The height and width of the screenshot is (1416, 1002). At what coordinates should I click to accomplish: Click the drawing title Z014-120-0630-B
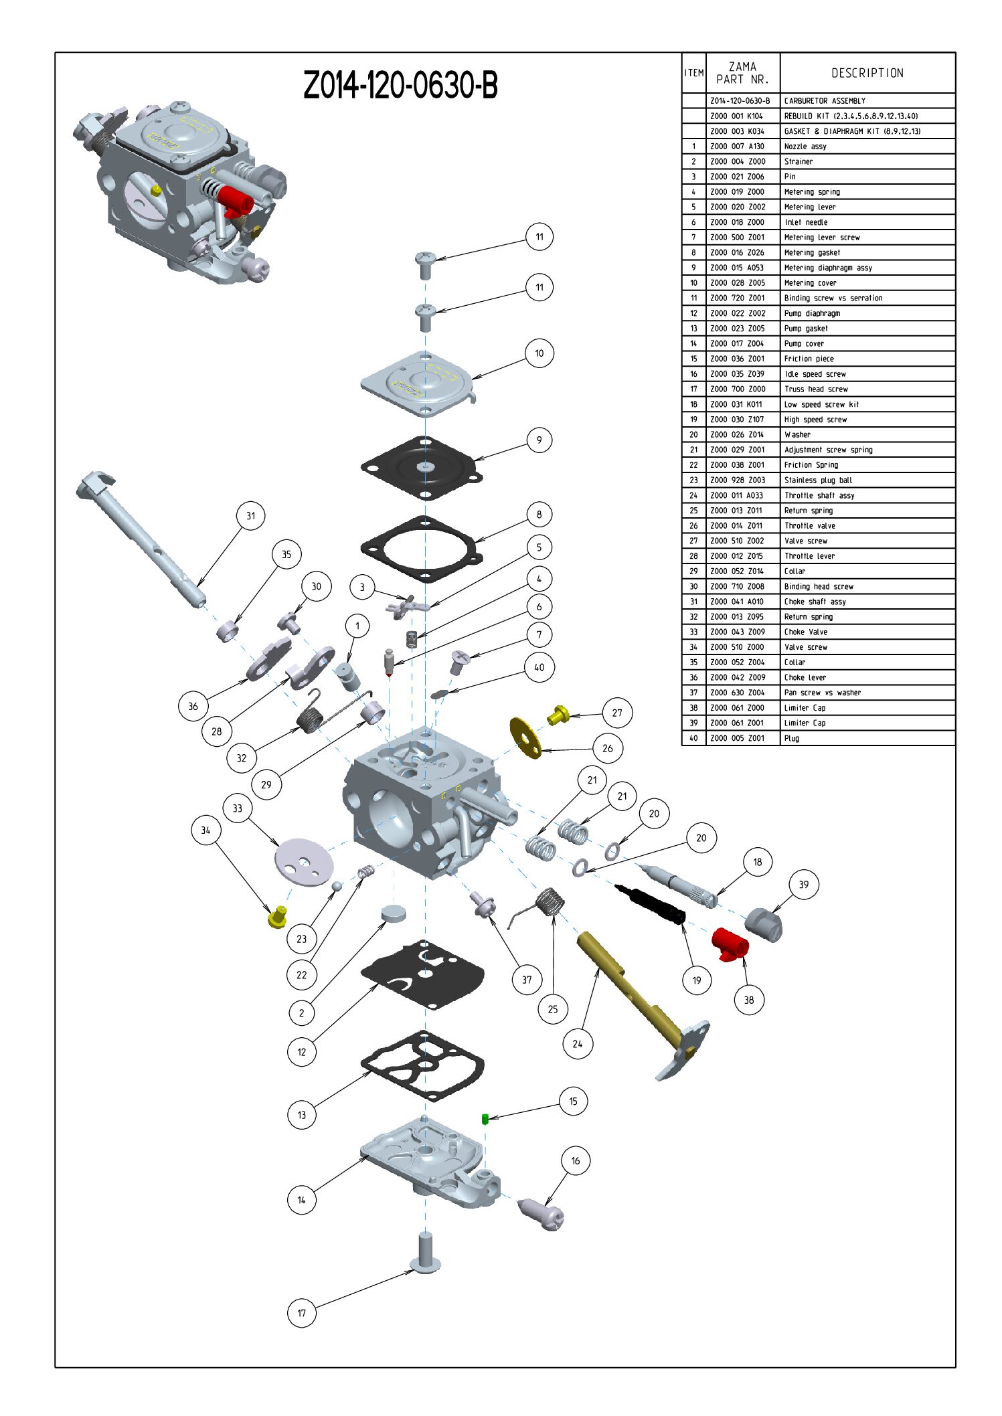(400, 85)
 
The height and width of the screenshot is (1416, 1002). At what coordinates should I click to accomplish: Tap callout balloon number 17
(301, 1312)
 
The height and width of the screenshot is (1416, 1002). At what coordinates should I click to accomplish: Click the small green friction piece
(485, 1118)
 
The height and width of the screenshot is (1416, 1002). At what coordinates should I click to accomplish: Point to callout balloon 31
(250, 516)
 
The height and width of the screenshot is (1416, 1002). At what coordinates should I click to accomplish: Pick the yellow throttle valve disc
(525, 738)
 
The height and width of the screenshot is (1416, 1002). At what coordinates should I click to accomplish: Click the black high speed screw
(650, 904)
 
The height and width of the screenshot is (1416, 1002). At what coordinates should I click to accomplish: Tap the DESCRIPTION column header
(867, 73)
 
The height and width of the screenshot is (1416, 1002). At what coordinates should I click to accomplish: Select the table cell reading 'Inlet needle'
(806, 222)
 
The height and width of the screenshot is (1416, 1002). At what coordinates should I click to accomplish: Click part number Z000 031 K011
(736, 404)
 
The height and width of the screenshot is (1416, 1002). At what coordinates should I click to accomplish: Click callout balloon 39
(803, 885)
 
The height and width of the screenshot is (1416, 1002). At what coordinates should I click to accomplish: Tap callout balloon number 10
(539, 353)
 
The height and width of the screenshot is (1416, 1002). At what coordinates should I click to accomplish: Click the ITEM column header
(693, 73)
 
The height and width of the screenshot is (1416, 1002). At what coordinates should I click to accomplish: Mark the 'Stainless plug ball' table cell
(818, 480)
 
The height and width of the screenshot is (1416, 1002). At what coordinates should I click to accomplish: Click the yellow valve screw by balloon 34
(277, 916)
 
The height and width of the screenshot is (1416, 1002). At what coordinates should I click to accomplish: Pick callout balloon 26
(607, 748)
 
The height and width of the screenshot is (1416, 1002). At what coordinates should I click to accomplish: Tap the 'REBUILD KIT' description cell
(851, 116)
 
